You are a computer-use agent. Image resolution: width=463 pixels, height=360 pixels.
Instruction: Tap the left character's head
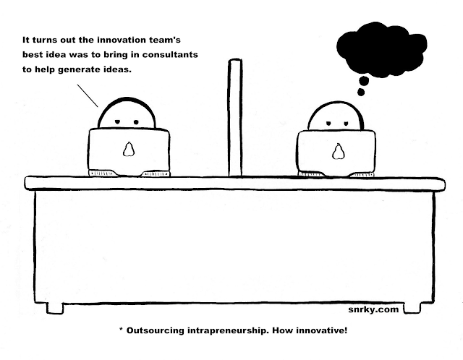coord(128,113)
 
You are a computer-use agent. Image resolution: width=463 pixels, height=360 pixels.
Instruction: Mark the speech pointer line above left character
coord(86,95)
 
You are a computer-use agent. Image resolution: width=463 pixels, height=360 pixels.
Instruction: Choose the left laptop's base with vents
coord(129,173)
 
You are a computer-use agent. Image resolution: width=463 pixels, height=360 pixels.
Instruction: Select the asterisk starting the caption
coord(121,329)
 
